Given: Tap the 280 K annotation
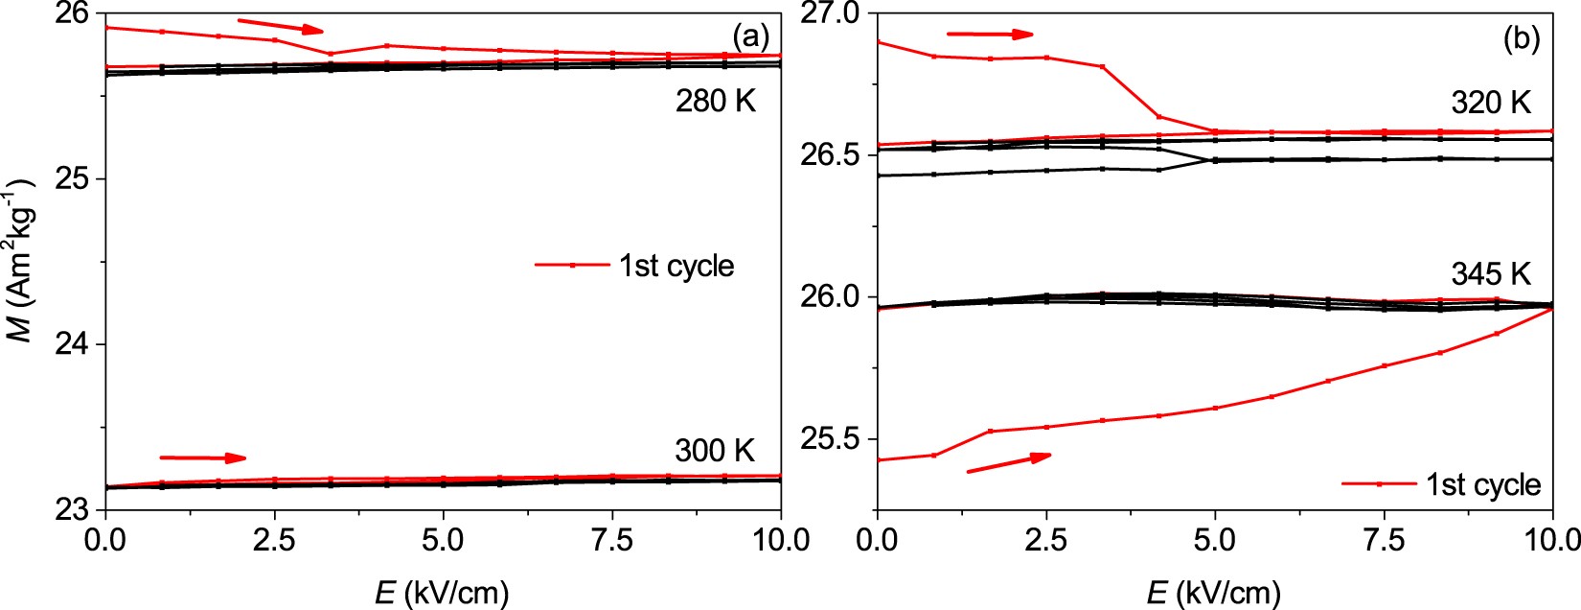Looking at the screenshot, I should (715, 101).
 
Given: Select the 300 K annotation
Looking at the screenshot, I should (715, 450).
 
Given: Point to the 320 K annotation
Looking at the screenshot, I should (1491, 102).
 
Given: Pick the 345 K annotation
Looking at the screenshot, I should (1491, 274).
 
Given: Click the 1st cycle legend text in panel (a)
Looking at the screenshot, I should (676, 266).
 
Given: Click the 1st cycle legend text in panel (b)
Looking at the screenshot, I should (1482, 484).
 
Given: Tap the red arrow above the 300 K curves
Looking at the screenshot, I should (202, 457).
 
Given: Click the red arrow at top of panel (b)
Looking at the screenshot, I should (990, 34).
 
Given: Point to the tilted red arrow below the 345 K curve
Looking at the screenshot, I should (1008, 462).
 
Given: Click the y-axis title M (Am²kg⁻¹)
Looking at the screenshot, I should (28, 258).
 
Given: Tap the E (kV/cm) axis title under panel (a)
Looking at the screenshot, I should (442, 593).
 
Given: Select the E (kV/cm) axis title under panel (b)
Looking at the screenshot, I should (1213, 593).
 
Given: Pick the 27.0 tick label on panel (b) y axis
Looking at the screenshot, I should (838, 13).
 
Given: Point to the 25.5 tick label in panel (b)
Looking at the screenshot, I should (838, 439).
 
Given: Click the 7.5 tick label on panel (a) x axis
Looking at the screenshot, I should (612, 540).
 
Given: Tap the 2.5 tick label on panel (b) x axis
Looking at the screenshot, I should (1045, 540).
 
